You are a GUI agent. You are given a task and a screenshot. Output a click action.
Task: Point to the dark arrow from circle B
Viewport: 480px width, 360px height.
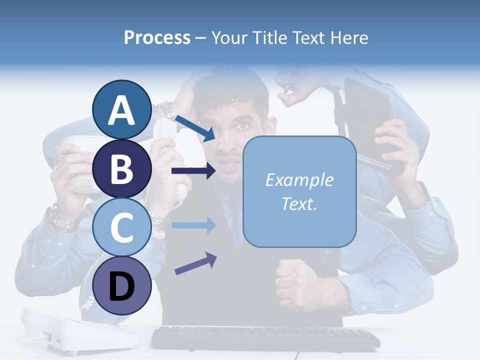[x=193, y=171]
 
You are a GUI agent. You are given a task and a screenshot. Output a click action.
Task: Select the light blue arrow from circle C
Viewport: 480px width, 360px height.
[x=193, y=225]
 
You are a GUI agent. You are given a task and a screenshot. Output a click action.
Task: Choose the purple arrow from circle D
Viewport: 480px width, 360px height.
[x=195, y=263]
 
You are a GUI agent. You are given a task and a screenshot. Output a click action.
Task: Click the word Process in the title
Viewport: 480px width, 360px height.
[x=157, y=37]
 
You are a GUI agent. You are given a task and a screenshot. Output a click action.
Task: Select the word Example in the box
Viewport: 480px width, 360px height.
[x=299, y=180]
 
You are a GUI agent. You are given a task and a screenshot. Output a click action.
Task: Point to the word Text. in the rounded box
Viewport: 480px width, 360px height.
[x=299, y=203]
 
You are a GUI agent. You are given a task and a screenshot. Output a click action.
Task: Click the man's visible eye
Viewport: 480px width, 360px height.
[x=243, y=126]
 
